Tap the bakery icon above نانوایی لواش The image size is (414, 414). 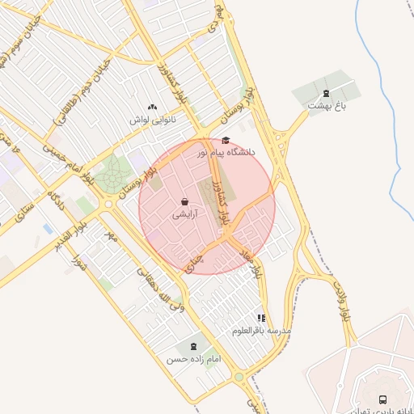pos(152,107)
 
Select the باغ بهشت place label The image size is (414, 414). pos(326,106)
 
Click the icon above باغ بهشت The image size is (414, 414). pos(326,93)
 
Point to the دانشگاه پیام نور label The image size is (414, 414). pos(225,152)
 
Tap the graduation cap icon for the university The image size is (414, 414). pos(225,140)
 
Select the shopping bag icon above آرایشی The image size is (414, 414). pos(185,202)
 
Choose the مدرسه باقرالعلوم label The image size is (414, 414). pos(261,331)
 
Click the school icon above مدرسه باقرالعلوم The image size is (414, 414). pos(260,319)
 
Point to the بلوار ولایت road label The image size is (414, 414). pos(339,298)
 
